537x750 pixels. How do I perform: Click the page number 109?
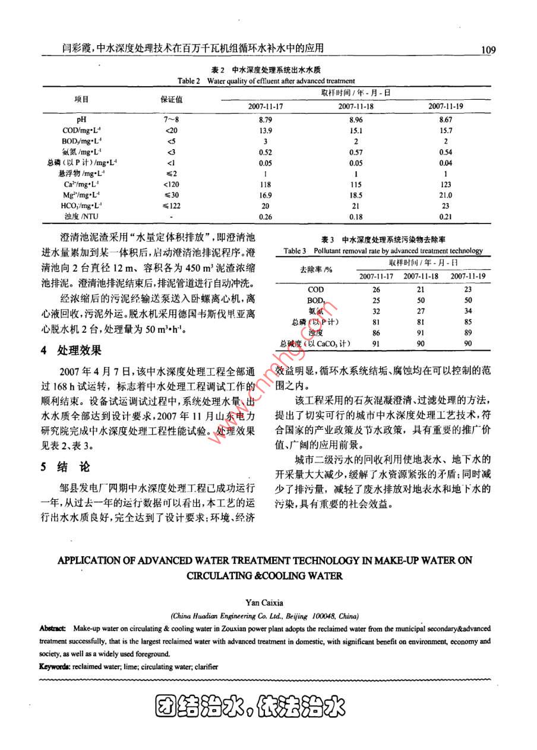coord(488,50)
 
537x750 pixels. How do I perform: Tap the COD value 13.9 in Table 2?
coord(266,130)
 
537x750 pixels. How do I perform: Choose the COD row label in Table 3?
coord(316,289)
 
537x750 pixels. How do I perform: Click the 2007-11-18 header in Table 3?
coord(421,276)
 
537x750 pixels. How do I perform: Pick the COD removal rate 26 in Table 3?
coord(375,289)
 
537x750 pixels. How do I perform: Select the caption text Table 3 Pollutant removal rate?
coord(333,251)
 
